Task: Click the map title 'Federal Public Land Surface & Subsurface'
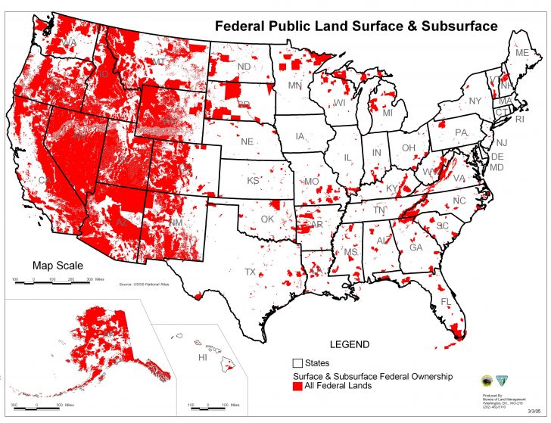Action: click(x=356, y=26)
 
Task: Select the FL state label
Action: click(x=446, y=302)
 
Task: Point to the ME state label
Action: click(x=521, y=54)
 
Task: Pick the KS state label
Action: click(x=253, y=181)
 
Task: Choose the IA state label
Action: click(x=300, y=137)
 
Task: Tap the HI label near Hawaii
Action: click(x=202, y=357)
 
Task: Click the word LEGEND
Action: click(x=350, y=344)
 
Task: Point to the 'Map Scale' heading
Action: click(x=58, y=266)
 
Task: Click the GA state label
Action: click(x=416, y=247)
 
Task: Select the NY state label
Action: click(x=475, y=101)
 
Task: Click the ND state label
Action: click(x=244, y=67)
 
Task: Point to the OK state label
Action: click(x=266, y=219)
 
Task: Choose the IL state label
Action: click(x=347, y=158)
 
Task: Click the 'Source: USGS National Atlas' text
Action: click(x=145, y=285)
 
